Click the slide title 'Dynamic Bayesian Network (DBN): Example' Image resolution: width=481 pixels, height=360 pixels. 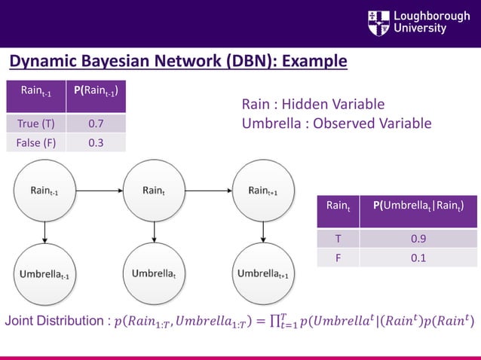(x=178, y=61)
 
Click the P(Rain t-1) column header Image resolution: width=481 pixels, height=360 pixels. (x=96, y=94)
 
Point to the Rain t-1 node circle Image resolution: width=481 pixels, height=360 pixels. (x=44, y=191)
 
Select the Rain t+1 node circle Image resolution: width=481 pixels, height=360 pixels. (x=262, y=191)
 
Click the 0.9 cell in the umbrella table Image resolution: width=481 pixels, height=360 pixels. (x=417, y=239)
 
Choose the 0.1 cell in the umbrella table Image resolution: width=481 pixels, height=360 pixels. (x=417, y=258)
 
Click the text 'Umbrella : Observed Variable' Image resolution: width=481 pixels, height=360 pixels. (x=336, y=123)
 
